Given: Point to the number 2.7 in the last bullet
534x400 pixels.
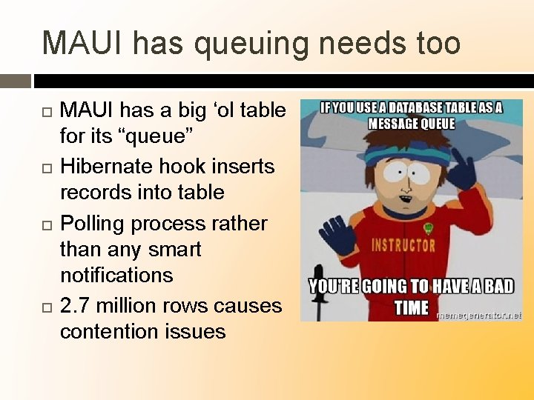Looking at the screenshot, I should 75,305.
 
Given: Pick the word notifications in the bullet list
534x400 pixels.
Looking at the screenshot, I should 116,275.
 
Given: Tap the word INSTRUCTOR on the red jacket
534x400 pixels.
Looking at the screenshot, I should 405,245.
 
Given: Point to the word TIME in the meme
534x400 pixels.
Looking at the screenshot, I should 412,307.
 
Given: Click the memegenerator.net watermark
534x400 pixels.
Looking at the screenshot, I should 478,315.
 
